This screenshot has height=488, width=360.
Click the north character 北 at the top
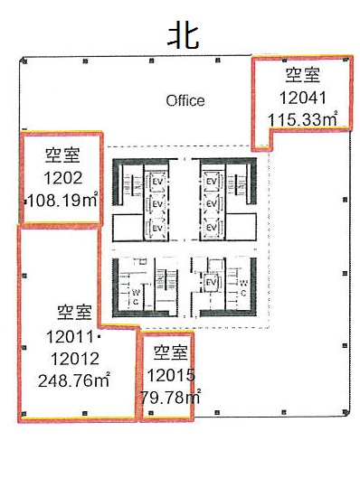tap(184, 37)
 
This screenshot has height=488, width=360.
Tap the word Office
tap(185, 101)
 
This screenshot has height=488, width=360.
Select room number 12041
tap(302, 98)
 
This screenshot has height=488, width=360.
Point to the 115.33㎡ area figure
tap(303, 118)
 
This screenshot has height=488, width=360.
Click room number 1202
tap(63, 178)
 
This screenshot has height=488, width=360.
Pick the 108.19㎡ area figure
tap(63, 200)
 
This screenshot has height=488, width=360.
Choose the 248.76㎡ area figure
tap(74, 380)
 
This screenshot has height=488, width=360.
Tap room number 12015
tap(171, 375)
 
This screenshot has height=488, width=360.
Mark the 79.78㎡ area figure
tap(170, 396)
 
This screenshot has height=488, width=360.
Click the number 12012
tap(75, 359)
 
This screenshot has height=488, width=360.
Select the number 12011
tap(70, 336)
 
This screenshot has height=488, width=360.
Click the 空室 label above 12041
tap(302, 75)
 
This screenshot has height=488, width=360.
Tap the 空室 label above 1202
tap(63, 155)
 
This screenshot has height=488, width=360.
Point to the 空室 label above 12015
tap(171, 352)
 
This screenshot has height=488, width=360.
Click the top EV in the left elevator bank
tap(157, 181)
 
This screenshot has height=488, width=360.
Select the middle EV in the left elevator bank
tap(157, 204)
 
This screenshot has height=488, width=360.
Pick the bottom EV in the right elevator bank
tap(212, 227)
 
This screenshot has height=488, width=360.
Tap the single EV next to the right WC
tap(211, 283)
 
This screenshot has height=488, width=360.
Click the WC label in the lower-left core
tap(136, 297)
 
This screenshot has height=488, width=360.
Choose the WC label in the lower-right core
tap(244, 288)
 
